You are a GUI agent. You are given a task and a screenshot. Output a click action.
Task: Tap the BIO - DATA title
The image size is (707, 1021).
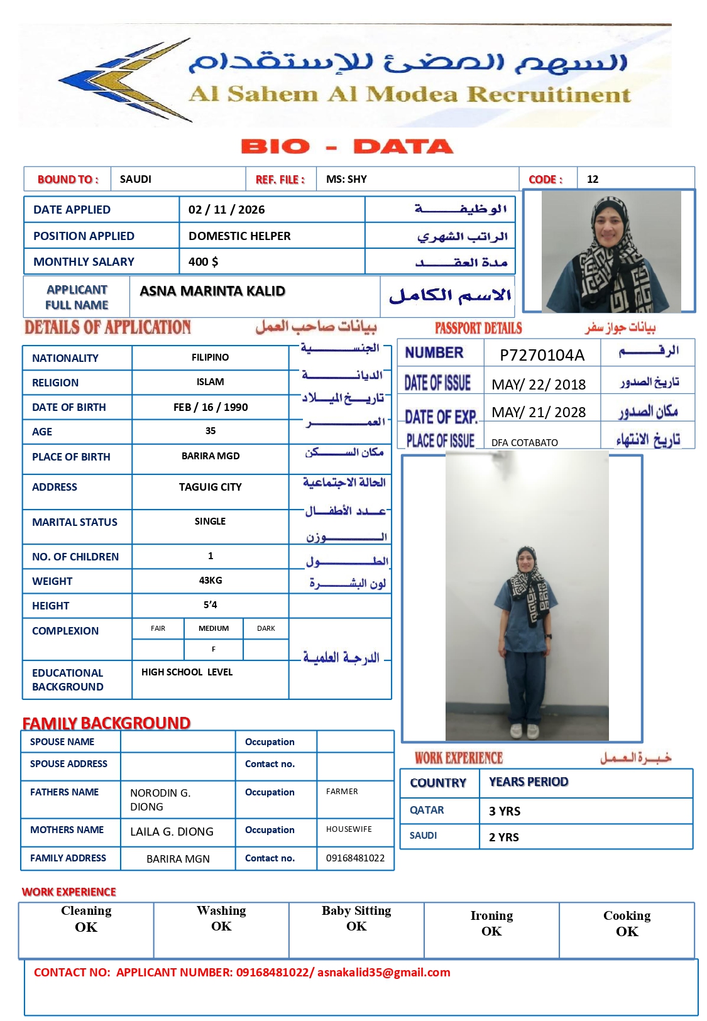click(347, 146)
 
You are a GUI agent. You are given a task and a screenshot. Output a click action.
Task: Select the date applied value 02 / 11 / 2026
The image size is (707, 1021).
click(226, 210)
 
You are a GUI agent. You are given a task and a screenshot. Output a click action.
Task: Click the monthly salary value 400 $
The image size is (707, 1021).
click(203, 262)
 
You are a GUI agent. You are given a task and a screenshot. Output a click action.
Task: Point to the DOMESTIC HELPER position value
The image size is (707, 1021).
click(239, 236)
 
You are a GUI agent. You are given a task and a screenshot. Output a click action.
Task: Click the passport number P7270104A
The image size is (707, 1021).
click(542, 355)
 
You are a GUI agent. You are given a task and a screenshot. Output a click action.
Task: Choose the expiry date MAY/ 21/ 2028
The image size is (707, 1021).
click(539, 412)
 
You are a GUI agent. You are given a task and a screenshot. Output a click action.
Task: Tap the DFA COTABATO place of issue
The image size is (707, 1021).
click(525, 442)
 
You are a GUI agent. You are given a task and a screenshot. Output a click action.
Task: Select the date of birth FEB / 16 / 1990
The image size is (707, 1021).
click(211, 407)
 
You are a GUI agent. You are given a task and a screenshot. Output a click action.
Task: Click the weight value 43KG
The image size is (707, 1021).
click(211, 581)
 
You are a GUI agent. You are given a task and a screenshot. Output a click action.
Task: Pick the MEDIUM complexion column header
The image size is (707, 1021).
click(214, 628)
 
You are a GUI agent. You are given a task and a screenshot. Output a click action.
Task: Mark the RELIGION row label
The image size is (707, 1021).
click(55, 383)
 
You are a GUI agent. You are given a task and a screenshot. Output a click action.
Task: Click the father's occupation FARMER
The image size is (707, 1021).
click(342, 792)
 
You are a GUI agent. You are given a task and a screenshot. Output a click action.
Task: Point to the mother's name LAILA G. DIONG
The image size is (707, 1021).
click(172, 832)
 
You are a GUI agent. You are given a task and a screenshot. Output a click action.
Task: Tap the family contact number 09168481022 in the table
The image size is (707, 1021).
click(355, 858)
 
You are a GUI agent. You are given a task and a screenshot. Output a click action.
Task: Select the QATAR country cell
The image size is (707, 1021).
click(427, 811)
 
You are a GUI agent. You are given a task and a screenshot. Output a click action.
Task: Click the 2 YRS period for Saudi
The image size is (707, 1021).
click(504, 837)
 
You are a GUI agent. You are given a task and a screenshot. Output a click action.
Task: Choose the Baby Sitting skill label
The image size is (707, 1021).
click(356, 911)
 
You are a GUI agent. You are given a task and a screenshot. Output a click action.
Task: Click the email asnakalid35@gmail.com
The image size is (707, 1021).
click(383, 973)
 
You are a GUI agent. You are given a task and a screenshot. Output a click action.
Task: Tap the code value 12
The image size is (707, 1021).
click(593, 179)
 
